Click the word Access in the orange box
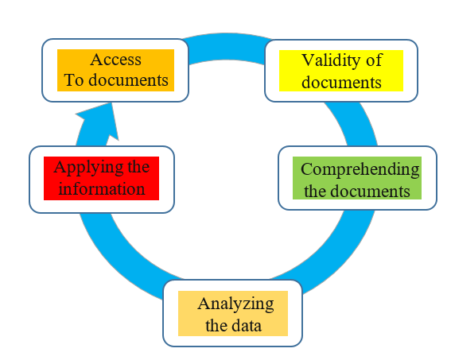tap(115, 60)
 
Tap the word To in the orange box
tap(74, 79)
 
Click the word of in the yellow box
tap(374, 60)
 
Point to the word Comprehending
tap(360, 170)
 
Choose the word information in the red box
tap(102, 189)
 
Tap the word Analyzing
tap(235, 304)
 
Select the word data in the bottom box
tap(247, 326)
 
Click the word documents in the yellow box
tap(341, 83)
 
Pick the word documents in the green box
tap(370, 191)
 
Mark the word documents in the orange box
tap(128, 79)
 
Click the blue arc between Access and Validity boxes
tap(227, 47)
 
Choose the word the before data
tap(216, 326)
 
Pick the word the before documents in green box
tap(315, 191)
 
